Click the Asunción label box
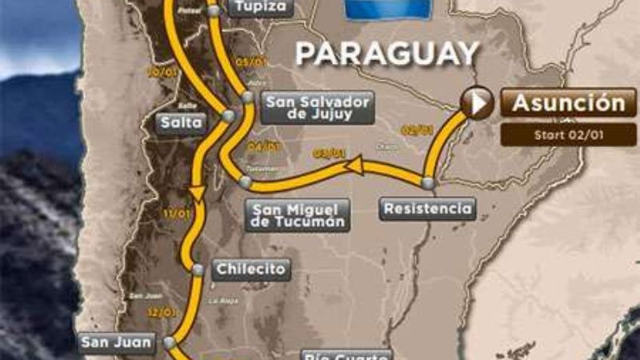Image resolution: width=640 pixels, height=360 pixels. click(x=568, y=103)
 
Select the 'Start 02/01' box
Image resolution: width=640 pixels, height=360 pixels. click(x=568, y=134)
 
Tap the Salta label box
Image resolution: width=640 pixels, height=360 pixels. click(x=181, y=123)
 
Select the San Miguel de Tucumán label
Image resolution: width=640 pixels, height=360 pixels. click(x=298, y=214)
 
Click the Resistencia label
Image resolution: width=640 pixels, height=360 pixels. click(x=427, y=209)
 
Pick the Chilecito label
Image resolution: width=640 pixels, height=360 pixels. click(x=250, y=269)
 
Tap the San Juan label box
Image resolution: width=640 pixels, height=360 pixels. click(x=116, y=343)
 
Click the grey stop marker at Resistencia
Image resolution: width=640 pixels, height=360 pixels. click(x=428, y=183)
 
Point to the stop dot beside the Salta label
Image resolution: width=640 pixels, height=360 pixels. click(x=229, y=116)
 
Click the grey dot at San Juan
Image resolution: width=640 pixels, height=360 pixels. click(x=170, y=342)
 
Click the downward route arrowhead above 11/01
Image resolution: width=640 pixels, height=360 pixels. click(x=194, y=193)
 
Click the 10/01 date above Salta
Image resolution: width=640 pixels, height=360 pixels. click(x=157, y=71)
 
